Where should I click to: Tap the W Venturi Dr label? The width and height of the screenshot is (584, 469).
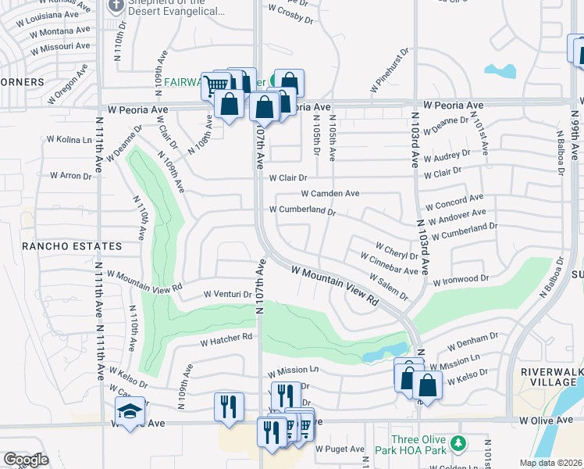(227, 295)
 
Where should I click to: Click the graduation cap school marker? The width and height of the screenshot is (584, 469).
(130, 410)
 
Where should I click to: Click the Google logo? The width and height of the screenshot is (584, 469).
(26, 460)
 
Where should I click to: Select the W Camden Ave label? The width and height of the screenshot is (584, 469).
(330, 193)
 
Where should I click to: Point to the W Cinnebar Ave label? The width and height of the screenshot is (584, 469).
(389, 263)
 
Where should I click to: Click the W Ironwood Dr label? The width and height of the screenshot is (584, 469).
(460, 279)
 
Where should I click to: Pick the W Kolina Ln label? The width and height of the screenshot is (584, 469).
(69, 139)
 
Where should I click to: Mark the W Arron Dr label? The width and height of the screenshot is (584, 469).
(71, 176)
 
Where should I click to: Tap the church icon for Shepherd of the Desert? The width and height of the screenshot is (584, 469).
(116, 6)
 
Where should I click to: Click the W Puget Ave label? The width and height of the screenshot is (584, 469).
(340, 449)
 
